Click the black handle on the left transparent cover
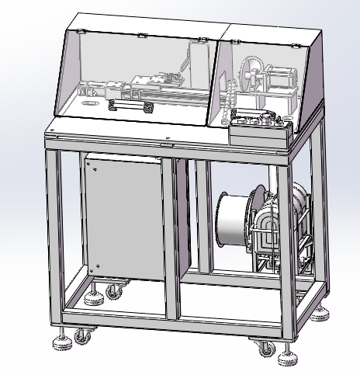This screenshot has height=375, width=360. point(127,105)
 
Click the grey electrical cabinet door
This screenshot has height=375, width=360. point(124,217)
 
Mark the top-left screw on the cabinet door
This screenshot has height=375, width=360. point(89,163)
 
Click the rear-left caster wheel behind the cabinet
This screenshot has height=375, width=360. point(114,292)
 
